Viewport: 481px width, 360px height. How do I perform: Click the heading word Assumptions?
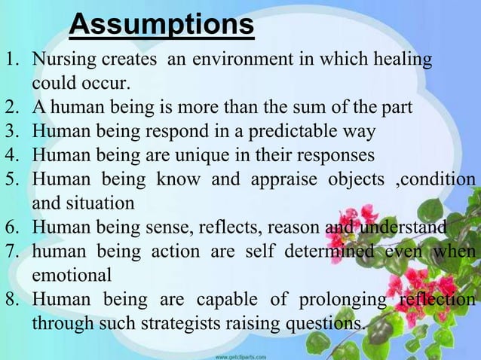161,25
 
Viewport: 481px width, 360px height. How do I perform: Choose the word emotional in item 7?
71,274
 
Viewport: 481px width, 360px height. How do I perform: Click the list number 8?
12,299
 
